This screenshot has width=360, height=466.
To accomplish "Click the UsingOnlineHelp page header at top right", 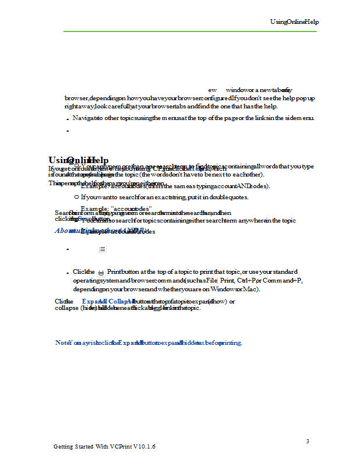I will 294,22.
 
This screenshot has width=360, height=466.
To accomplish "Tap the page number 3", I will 308,441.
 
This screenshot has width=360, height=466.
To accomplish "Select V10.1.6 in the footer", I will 144,446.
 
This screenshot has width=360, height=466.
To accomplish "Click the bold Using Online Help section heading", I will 79,160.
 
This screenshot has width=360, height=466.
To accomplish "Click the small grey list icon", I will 102,249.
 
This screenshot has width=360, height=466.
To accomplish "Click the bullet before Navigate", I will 68,119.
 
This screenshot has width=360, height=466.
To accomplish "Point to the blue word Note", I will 62,343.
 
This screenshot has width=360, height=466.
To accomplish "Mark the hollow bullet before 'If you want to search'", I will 76,197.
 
